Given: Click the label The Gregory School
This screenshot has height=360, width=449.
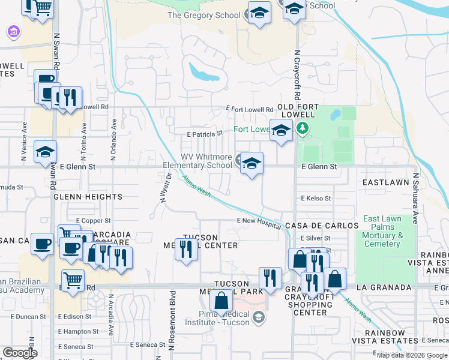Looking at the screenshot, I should (x=203, y=16).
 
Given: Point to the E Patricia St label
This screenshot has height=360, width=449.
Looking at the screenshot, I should (x=205, y=134).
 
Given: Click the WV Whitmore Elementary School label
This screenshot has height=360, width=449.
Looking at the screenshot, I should (x=198, y=161).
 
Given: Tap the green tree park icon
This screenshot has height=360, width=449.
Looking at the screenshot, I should (x=303, y=128).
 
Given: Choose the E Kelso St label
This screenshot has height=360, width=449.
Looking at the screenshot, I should (x=316, y=198).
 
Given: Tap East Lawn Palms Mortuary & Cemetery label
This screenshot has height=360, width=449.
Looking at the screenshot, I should (x=382, y=232).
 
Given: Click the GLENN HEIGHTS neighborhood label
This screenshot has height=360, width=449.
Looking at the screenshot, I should (x=88, y=197).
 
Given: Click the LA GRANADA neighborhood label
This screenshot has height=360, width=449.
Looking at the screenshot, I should (x=378, y=288).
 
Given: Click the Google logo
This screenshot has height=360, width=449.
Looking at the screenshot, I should (x=20, y=353).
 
